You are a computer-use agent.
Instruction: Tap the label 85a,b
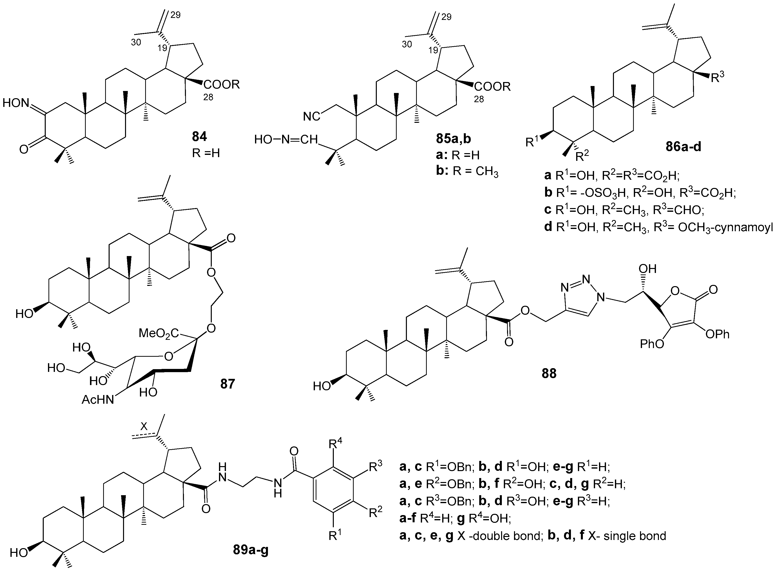point(454,139)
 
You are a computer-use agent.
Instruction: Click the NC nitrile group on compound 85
point(311,117)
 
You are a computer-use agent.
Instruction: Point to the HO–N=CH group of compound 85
point(286,139)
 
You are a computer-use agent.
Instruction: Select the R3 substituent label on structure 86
point(717,77)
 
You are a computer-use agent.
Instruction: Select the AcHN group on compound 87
point(98,400)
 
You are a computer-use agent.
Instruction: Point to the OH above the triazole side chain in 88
point(647,269)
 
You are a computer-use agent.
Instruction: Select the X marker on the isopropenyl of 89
point(144,427)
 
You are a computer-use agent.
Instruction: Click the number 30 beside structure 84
point(136,43)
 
